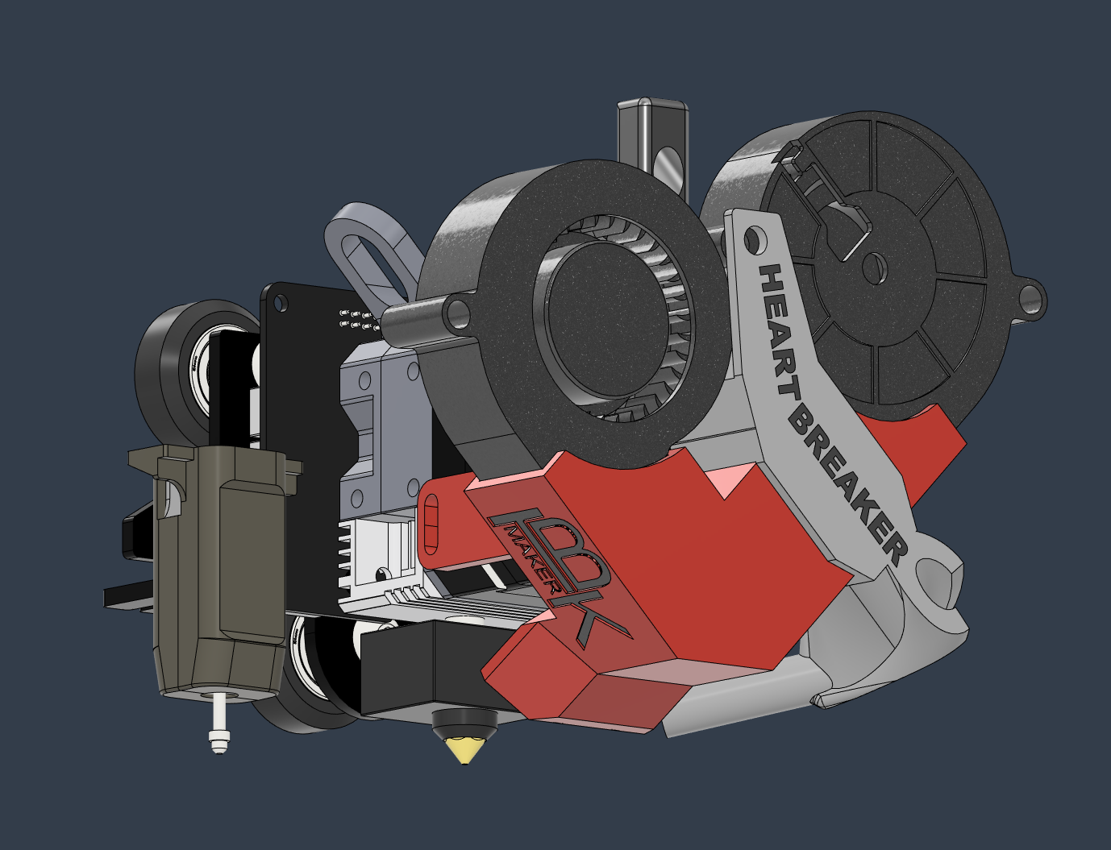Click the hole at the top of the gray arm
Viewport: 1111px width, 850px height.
(753, 238)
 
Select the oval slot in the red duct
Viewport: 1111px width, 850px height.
(432, 525)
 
